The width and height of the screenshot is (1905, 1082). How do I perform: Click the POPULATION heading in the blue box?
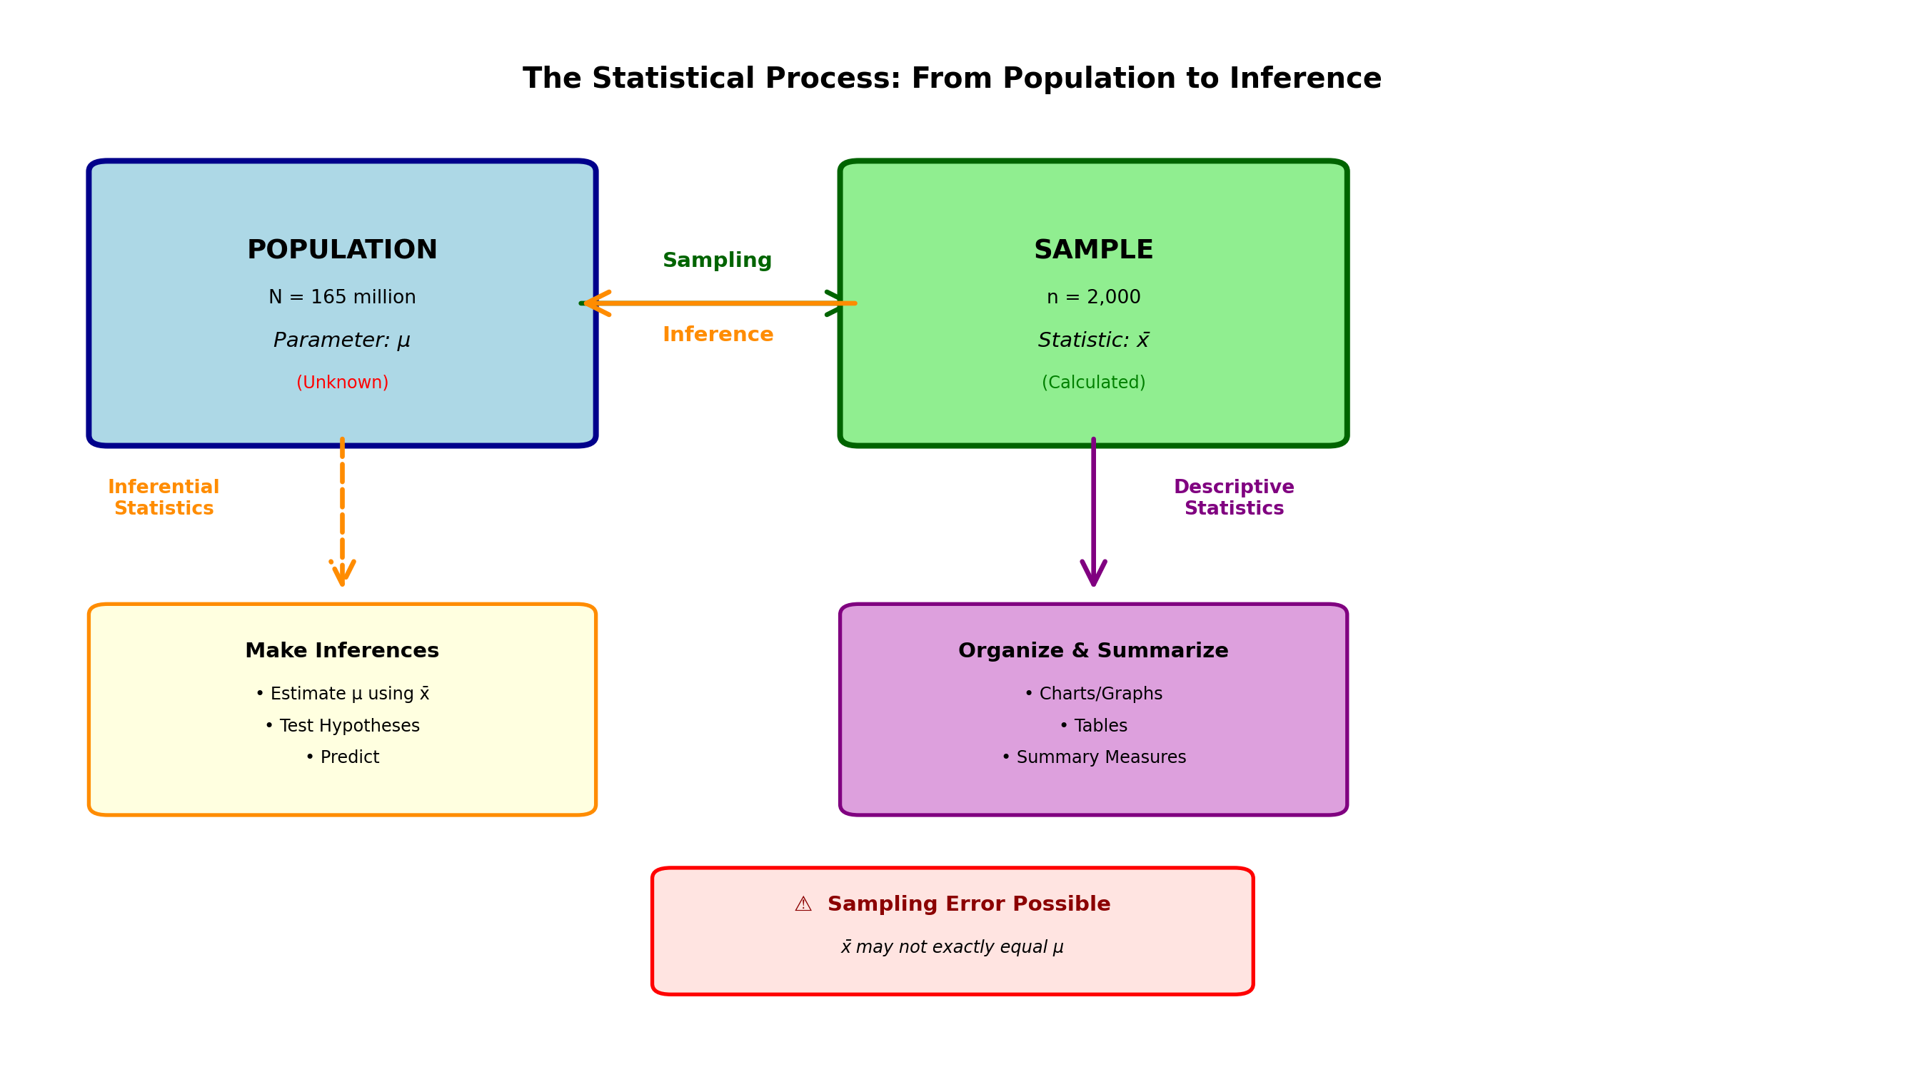342,250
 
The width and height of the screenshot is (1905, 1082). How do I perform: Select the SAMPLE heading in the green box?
1093,250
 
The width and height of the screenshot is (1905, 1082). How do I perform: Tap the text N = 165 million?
342,297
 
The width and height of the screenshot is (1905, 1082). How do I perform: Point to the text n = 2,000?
1093,297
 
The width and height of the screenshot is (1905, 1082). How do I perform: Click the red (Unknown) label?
342,383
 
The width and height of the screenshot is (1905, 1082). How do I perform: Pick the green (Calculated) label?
1093,383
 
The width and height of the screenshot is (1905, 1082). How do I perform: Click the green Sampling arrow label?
718,260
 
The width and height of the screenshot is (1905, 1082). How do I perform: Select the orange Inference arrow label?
718,335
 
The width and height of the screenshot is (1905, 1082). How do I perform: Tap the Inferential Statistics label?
164,498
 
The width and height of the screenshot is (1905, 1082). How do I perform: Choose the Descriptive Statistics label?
1234,498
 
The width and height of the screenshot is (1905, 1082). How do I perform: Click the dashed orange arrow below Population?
342,512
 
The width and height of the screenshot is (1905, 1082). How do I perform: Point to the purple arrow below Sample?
1093,512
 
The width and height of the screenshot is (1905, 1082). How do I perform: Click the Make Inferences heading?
342,651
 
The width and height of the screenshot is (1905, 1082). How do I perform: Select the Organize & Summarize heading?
1093,651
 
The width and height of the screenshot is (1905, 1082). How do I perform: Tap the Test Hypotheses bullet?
342,726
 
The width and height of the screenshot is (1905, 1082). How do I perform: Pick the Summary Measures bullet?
1093,757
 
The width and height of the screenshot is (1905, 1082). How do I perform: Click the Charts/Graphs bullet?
1093,694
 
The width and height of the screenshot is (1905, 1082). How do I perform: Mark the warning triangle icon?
803,904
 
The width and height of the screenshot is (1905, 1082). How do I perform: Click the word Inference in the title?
1305,79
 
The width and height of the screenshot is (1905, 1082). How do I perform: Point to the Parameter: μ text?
342,340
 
